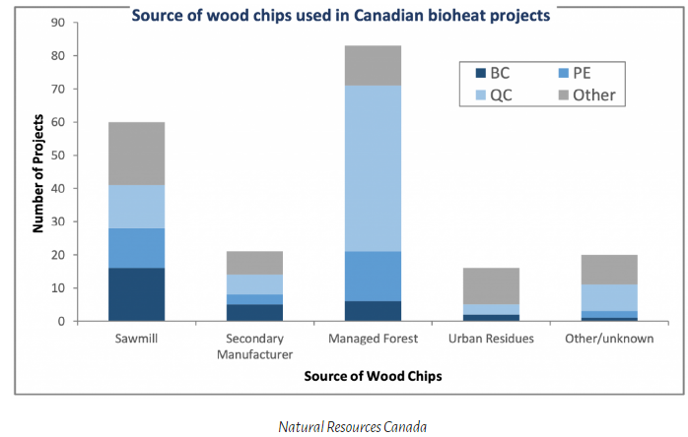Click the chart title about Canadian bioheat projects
pos(341,16)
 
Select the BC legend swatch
pos(481,72)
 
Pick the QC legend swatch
pos(481,95)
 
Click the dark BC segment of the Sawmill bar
pos(136,294)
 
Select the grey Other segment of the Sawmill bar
pos(136,154)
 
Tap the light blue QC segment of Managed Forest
pos(373,168)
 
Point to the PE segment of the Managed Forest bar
pos(373,277)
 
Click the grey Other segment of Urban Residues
pos(491,285)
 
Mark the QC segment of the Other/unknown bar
pos(609,298)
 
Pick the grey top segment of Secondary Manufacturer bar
pos(254,263)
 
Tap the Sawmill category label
pos(136,339)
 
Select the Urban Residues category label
pos(491,339)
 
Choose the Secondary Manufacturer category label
pos(254,345)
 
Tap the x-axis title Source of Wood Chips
pos(373,377)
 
